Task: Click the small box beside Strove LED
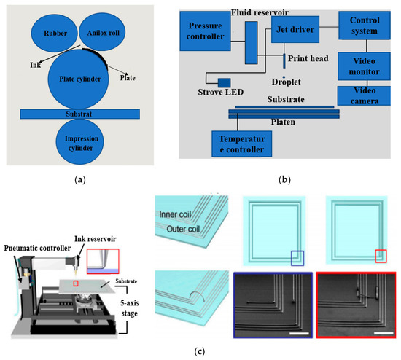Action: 223,82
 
